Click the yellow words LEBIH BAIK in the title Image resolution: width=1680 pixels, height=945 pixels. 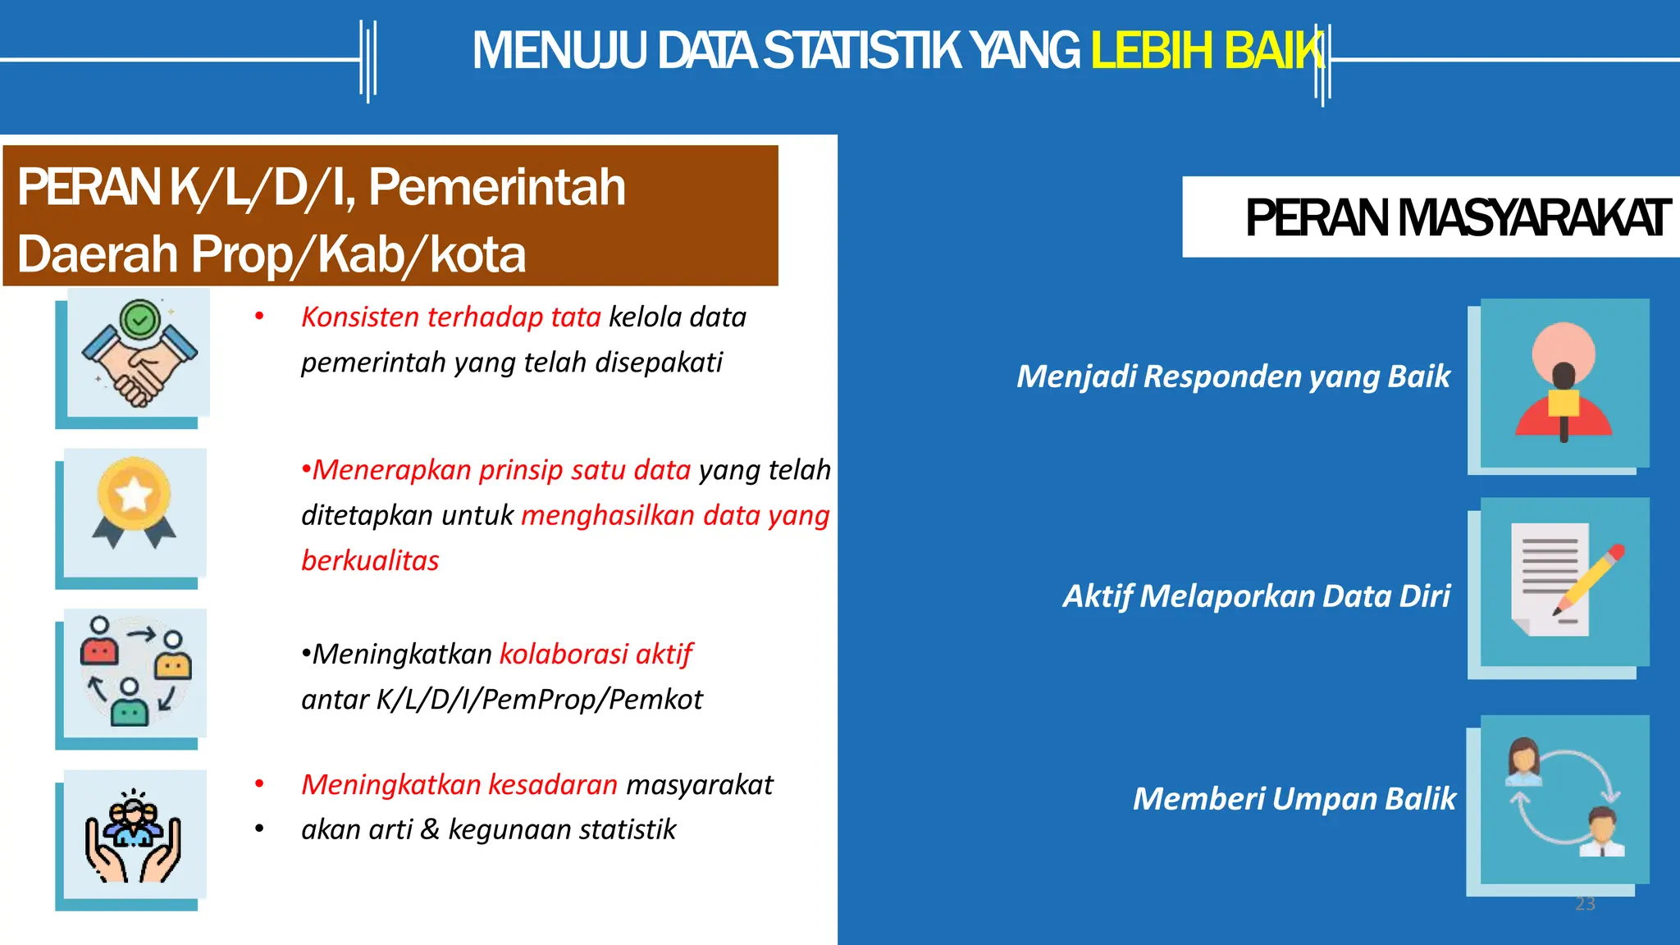1206,51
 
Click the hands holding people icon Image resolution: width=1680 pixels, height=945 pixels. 134,835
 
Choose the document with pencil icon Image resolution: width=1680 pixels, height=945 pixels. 1564,582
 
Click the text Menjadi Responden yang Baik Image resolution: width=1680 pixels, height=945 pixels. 1233,377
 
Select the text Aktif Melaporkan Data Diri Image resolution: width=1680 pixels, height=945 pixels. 1256,596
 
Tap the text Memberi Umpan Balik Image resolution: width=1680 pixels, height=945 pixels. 1294,799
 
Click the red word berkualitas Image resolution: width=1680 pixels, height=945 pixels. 370,561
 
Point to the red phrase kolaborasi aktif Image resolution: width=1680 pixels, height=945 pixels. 596,655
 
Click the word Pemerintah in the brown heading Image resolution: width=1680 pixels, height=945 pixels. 496,188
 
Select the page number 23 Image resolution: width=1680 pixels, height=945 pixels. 1585,904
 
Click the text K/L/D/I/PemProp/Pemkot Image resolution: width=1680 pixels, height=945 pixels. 538,700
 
